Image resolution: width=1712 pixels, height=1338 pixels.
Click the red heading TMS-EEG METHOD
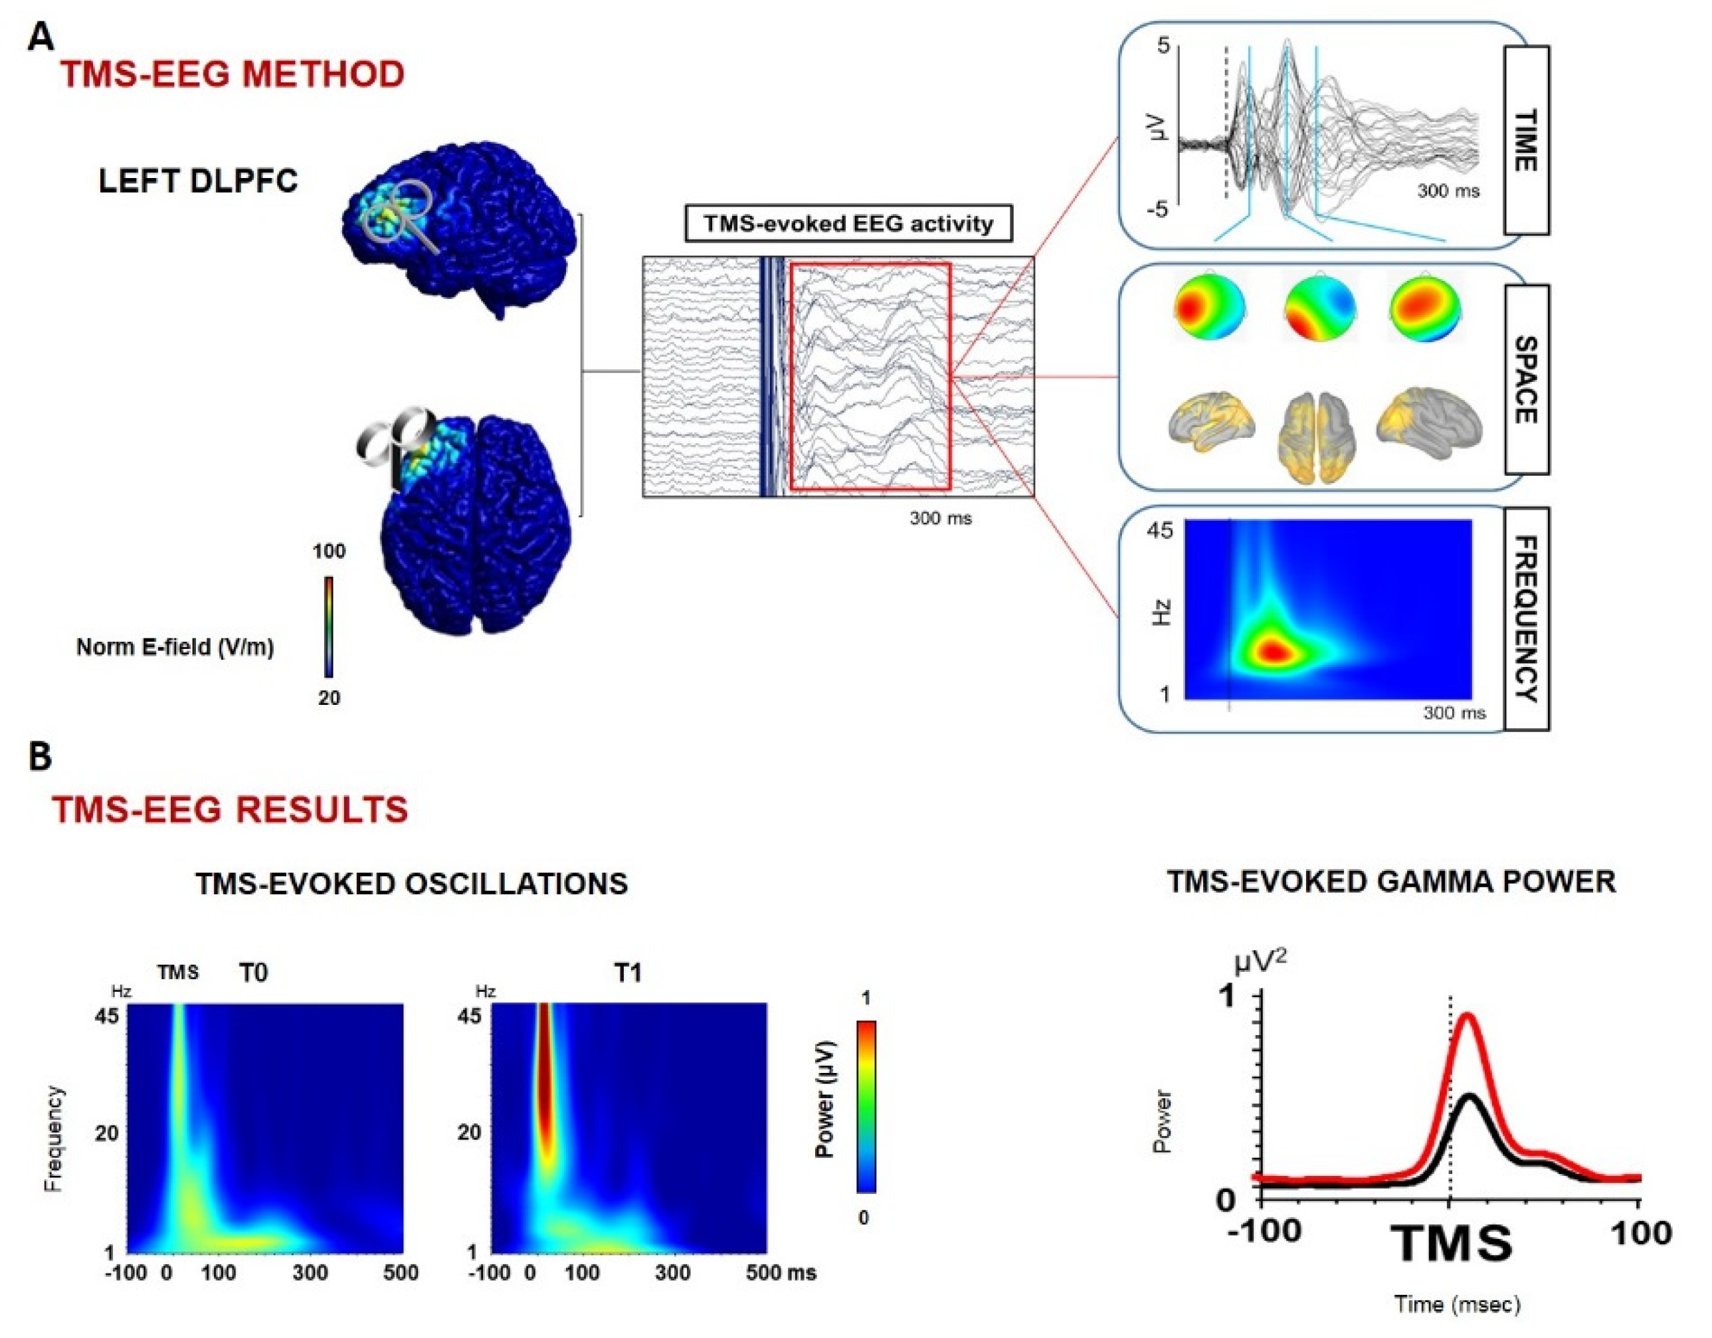233,74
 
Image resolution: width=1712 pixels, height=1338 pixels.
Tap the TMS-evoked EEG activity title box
848,224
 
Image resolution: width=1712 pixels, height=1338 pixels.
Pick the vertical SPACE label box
1525,379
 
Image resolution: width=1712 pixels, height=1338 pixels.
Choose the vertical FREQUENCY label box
1525,619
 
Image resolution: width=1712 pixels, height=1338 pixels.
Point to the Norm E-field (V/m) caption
175,648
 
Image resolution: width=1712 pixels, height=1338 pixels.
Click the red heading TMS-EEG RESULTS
231,809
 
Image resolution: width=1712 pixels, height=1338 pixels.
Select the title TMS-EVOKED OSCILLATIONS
411,884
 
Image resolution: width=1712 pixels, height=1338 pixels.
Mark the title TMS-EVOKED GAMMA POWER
1391,882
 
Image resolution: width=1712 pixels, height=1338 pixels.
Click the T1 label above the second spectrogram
627,973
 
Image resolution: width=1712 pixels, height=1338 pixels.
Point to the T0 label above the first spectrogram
253,973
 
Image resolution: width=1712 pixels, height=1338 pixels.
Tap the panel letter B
39,758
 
